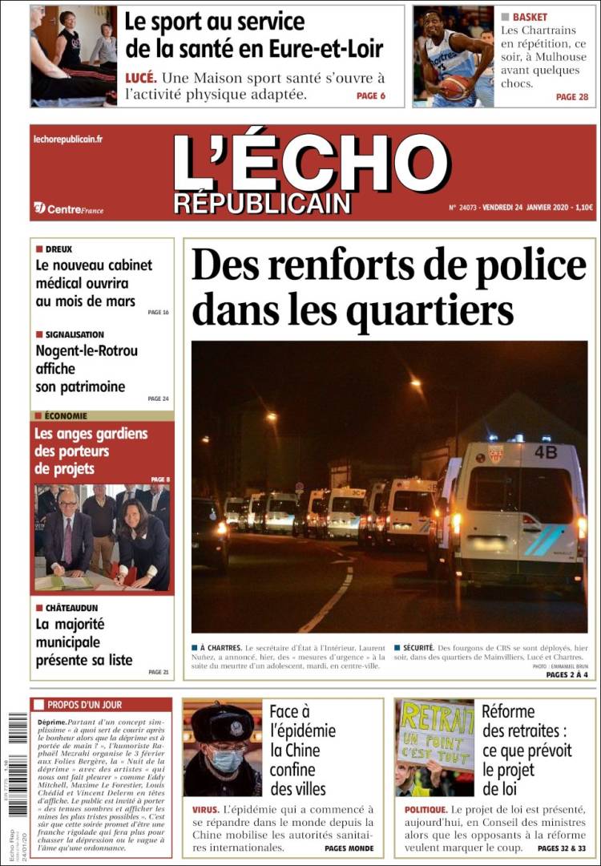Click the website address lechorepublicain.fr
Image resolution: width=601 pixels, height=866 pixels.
(x=68, y=140)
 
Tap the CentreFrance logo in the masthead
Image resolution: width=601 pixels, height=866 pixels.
(x=69, y=208)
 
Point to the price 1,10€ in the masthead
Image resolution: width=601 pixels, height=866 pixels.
(x=584, y=208)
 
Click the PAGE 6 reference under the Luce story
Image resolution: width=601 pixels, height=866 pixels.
(x=371, y=96)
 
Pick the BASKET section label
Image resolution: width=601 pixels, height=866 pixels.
(x=530, y=17)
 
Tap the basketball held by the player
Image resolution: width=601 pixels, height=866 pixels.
(x=456, y=87)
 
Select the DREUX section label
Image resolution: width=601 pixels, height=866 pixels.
(x=58, y=249)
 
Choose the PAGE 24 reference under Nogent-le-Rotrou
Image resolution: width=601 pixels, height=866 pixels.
(x=159, y=399)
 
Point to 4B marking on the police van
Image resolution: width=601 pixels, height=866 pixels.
(x=546, y=452)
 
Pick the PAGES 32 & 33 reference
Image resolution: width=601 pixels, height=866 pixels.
(x=562, y=848)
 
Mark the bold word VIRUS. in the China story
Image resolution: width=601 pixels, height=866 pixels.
(x=205, y=810)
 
